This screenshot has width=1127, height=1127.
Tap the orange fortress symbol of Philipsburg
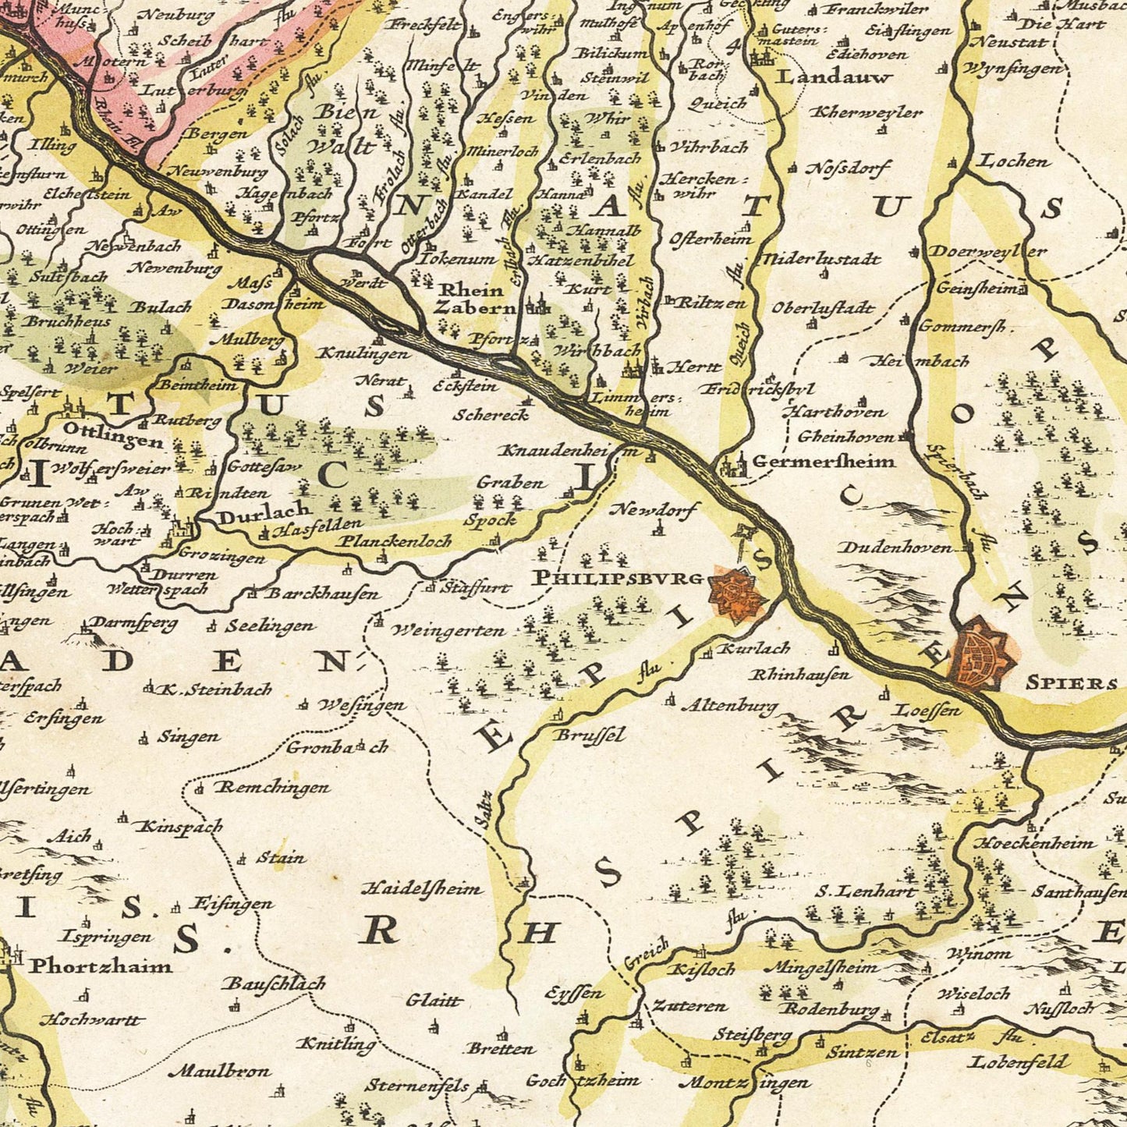734,594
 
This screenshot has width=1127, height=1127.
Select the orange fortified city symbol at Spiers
981,654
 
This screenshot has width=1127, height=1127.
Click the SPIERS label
1071,683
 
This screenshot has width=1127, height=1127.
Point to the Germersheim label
823,462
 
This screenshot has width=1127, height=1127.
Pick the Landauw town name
824,77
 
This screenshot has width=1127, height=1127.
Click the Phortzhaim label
101,966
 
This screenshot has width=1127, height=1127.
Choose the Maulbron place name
221,1072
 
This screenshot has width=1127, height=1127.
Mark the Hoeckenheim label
1034,843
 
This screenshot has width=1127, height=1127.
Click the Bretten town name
501,1048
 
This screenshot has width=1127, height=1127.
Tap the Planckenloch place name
395,540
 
